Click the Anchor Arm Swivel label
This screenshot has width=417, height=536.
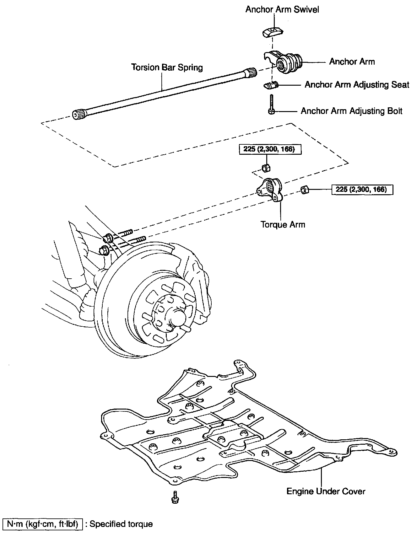click(282, 10)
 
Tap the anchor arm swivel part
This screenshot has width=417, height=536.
click(272, 32)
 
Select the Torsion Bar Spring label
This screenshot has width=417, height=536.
click(167, 67)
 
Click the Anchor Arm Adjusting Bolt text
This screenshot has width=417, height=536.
click(351, 111)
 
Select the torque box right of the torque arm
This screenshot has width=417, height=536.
click(362, 190)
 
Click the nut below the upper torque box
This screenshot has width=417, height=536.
click(266, 168)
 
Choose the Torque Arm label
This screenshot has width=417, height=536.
click(283, 224)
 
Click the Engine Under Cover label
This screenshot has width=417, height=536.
click(326, 491)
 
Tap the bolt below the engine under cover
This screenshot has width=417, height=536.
click(175, 497)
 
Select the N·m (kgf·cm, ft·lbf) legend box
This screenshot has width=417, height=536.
click(42, 524)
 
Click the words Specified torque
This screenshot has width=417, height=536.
click(121, 524)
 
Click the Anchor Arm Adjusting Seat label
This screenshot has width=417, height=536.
click(357, 85)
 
